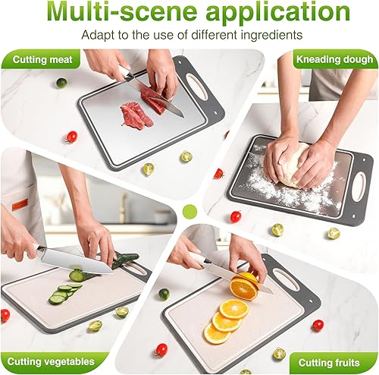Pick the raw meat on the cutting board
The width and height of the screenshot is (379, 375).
pyautogui.click(x=136, y=116)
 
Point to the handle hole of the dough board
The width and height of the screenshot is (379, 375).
pyautogui.click(x=358, y=187)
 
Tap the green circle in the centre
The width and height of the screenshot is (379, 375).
pyautogui.click(x=189, y=210)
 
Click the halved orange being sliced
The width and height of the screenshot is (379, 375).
pyautogui.click(x=244, y=286)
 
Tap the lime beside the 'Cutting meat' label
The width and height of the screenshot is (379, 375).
pyautogui.click(x=61, y=83)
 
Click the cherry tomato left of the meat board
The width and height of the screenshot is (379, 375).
pyautogui.click(x=71, y=137)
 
